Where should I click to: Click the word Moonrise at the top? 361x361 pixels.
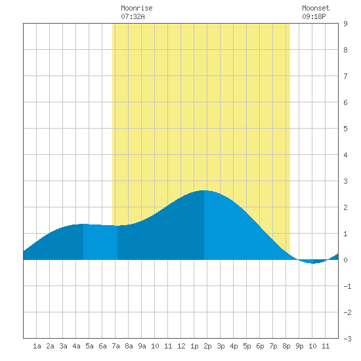pyautogui.click(x=137, y=8)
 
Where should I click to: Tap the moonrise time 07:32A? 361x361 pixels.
pyautogui.click(x=133, y=16)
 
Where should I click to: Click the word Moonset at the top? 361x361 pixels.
pyautogui.click(x=316, y=8)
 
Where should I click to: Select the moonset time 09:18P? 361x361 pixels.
pyautogui.click(x=314, y=16)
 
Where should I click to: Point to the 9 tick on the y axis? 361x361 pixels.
pyautogui.click(x=345, y=24)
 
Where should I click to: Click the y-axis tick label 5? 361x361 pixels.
pyautogui.click(x=345, y=129)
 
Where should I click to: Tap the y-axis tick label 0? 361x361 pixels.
pyautogui.click(x=345, y=260)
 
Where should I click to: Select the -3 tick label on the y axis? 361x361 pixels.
pyautogui.click(x=347, y=339)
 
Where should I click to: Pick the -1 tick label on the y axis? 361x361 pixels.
pyautogui.click(x=347, y=286)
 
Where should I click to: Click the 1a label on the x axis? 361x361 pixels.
pyautogui.click(x=37, y=346)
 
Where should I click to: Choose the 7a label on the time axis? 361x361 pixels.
pyautogui.click(x=116, y=346)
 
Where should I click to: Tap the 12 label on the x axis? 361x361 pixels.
pyautogui.click(x=181, y=346)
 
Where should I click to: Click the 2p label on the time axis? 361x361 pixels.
pyautogui.click(x=207, y=346)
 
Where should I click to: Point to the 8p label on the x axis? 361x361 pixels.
pyautogui.click(x=286, y=346)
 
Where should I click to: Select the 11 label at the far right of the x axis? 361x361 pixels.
pyautogui.click(x=326, y=346)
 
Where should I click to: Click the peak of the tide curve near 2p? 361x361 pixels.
pyautogui.click(x=204, y=190)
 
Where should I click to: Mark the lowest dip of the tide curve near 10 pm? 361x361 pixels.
pyautogui.click(x=313, y=264)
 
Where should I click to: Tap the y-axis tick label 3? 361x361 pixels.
pyautogui.click(x=345, y=181)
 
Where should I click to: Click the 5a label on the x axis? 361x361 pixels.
pyautogui.click(x=89, y=346)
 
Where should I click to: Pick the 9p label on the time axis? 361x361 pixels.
pyautogui.click(x=299, y=346)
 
